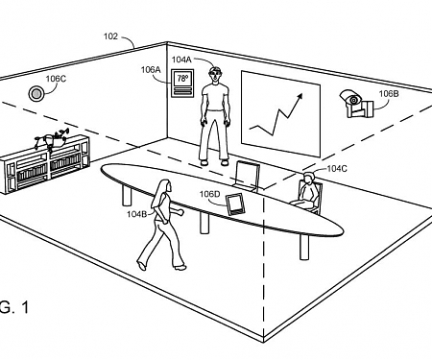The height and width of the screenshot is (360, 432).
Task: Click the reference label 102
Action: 110,36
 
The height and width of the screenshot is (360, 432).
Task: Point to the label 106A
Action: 151,70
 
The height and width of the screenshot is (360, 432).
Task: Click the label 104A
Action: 181,59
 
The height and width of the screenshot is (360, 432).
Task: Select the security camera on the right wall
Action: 352,102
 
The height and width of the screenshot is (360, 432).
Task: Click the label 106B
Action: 388,94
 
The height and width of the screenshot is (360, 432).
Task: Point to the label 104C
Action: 337,168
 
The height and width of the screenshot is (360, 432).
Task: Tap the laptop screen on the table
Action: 247,176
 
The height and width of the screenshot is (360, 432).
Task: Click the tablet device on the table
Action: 236,204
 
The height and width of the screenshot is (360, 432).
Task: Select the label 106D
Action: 210,194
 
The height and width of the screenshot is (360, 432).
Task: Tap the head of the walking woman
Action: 165,185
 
